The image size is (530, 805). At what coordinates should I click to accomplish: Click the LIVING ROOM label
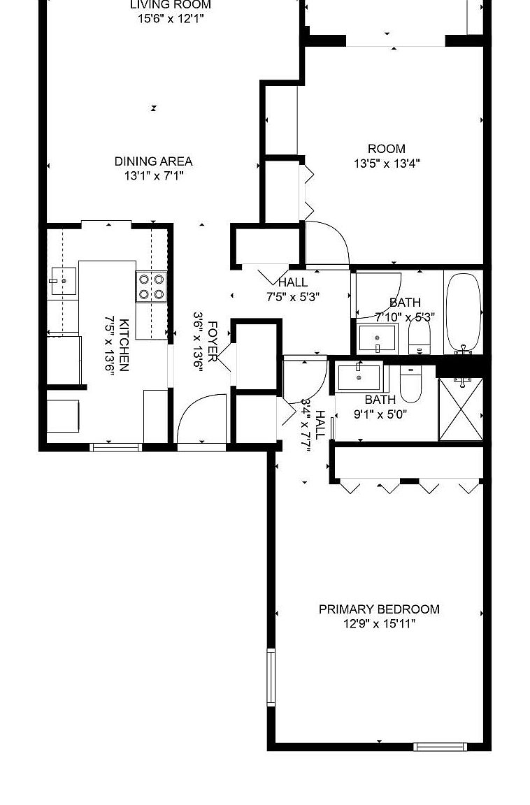pyautogui.click(x=171, y=5)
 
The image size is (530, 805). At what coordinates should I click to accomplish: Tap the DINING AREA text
pyautogui.click(x=153, y=161)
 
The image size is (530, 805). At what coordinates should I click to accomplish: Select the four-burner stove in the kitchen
pyautogui.click(x=152, y=287)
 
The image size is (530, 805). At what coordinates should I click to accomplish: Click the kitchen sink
pyautogui.click(x=62, y=282)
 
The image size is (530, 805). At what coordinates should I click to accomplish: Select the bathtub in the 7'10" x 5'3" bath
pyautogui.click(x=463, y=312)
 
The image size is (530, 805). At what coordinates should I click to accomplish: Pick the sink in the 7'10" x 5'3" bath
pyautogui.click(x=377, y=340)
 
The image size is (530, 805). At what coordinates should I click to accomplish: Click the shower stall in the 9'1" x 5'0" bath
pyautogui.click(x=461, y=409)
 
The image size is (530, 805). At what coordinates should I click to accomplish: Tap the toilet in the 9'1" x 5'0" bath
pyautogui.click(x=410, y=385)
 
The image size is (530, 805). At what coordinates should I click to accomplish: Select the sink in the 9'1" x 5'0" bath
pyautogui.click(x=359, y=378)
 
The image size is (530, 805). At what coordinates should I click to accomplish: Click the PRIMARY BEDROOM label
pyautogui.click(x=379, y=609)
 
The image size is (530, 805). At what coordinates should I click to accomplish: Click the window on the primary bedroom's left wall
pyautogui.click(x=271, y=677)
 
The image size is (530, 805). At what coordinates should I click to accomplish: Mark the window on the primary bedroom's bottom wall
pyautogui.click(x=440, y=746)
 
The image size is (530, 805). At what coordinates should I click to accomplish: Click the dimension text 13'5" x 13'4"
pyautogui.click(x=387, y=164)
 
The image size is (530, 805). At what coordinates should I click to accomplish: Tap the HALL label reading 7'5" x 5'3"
pyautogui.click(x=292, y=283)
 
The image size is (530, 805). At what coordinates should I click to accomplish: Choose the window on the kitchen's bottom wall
pyautogui.click(x=116, y=447)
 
